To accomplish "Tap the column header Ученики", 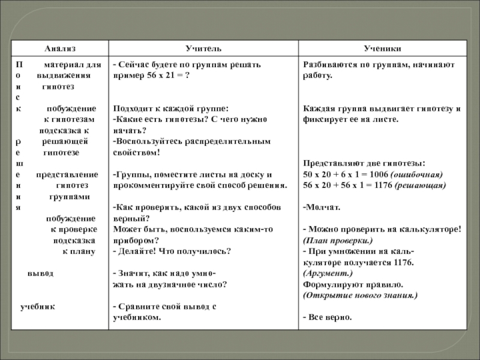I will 382,47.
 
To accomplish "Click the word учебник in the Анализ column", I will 37,306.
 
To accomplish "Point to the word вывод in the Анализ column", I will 40,273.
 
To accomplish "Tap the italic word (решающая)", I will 421,185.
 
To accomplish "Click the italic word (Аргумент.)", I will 327,273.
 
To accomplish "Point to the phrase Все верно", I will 329,317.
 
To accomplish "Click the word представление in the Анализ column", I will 67,174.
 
